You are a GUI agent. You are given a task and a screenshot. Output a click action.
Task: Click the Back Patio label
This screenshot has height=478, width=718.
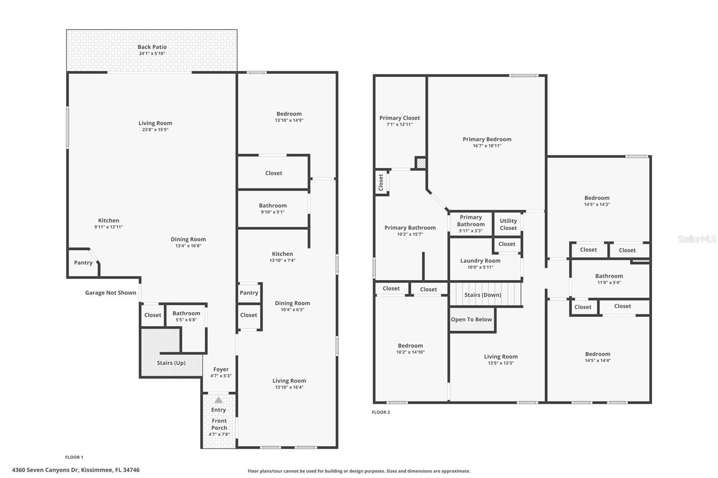pyautogui.click(x=152, y=47)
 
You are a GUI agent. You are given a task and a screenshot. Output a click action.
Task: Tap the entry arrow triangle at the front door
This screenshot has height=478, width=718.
pyautogui.click(x=218, y=400)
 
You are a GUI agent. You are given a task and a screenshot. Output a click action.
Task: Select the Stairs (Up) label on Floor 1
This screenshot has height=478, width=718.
pyautogui.click(x=171, y=363)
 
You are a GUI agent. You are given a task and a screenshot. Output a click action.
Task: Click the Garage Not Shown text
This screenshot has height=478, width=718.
pyautogui.click(x=110, y=292)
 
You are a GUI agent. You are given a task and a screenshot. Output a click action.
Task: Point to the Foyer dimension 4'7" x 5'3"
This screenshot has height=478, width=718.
pyautogui.click(x=221, y=376)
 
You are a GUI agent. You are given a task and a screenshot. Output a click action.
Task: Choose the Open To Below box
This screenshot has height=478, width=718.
pyautogui.click(x=472, y=319)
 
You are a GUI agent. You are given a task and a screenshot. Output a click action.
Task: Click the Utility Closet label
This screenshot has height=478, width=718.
pyautogui.click(x=508, y=224)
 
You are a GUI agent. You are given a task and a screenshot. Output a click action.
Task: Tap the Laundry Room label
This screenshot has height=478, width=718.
pyautogui.click(x=480, y=261)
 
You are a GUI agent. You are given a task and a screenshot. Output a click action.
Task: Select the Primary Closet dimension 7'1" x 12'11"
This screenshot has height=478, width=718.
pyautogui.click(x=399, y=124)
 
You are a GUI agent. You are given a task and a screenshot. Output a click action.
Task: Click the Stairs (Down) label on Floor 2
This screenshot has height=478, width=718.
pyautogui.click(x=483, y=295)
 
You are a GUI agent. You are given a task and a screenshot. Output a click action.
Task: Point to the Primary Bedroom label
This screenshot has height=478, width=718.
pyautogui.click(x=487, y=139)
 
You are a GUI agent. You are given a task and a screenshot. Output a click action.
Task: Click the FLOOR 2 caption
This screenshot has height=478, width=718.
pyautogui.click(x=381, y=412)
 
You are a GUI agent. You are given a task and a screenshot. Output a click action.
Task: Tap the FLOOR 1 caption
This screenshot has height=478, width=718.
pyautogui.click(x=74, y=457)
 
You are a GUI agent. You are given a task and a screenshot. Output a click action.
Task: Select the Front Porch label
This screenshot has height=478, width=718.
pyautogui.click(x=219, y=424)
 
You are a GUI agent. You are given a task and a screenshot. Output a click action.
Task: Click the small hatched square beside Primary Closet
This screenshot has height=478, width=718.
pyautogui.click(x=421, y=163)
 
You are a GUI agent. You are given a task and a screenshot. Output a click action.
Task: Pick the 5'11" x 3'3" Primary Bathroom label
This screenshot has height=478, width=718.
pyautogui.click(x=471, y=224)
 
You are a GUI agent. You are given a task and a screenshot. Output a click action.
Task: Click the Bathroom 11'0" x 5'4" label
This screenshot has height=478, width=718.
pyautogui.click(x=609, y=279)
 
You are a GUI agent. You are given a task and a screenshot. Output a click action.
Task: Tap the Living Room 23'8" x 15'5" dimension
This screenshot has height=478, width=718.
pyautogui.click(x=155, y=130)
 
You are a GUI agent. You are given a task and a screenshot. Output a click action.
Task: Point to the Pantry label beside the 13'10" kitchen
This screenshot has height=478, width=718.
pyautogui.click(x=249, y=293)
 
